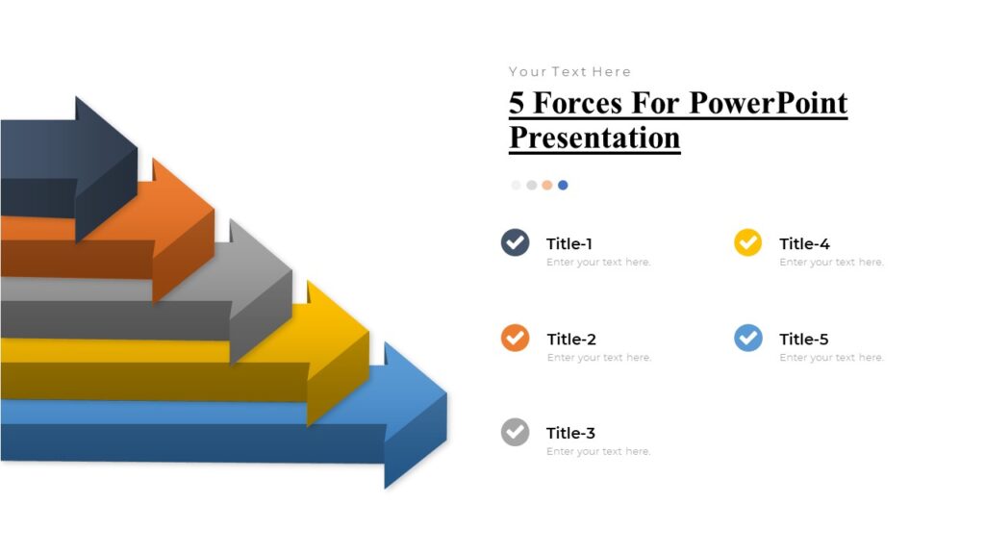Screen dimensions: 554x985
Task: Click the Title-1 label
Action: pos(570,243)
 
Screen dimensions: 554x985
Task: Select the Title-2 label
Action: pos(571,339)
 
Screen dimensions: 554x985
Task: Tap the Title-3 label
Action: pos(570,433)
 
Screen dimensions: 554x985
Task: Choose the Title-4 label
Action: pos(804,243)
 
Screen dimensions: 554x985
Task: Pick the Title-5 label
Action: pos(803,339)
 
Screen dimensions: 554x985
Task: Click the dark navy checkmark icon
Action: pos(516,242)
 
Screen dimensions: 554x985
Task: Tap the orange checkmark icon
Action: pos(516,338)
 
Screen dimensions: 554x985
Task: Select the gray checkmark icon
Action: pos(516,432)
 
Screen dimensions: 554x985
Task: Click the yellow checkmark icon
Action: pos(747,242)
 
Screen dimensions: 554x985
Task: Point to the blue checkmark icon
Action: pos(747,338)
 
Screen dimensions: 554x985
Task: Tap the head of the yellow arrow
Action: pos(337,351)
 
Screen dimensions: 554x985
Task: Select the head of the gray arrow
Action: pos(260,289)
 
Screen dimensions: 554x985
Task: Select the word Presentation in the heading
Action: pos(594,137)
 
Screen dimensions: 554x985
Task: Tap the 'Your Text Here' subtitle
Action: pos(569,71)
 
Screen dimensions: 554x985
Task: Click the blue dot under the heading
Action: pos(563,185)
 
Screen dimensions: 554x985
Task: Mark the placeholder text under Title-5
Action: pos(831,358)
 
